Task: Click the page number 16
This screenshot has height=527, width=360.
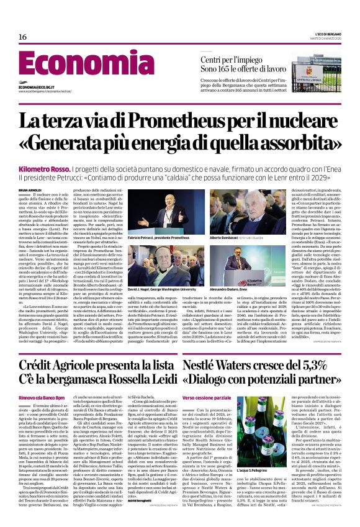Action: click(22, 37)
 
